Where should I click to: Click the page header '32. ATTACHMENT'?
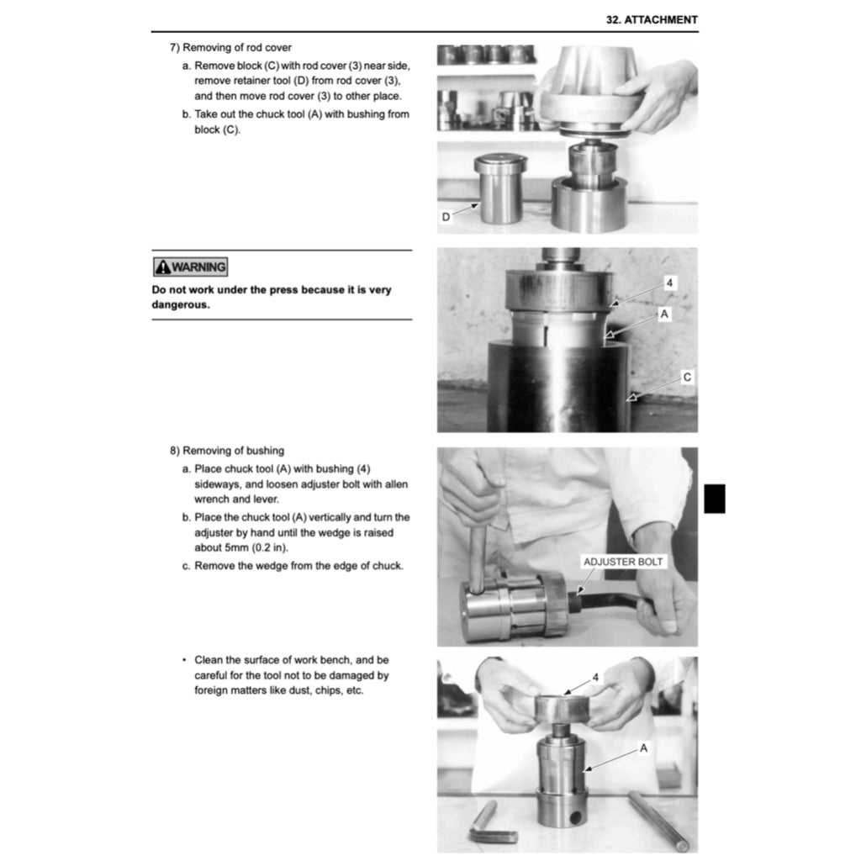652,19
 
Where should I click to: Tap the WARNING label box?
190,267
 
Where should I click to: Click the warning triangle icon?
161,267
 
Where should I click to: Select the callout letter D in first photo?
446,217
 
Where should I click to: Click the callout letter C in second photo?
687,378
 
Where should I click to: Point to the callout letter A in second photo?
664,314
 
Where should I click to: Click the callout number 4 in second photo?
669,283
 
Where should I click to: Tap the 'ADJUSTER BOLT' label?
623,562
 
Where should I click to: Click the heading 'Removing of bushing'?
234,451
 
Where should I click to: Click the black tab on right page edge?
714,499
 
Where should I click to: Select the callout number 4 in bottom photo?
595,677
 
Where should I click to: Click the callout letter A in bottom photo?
643,747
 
